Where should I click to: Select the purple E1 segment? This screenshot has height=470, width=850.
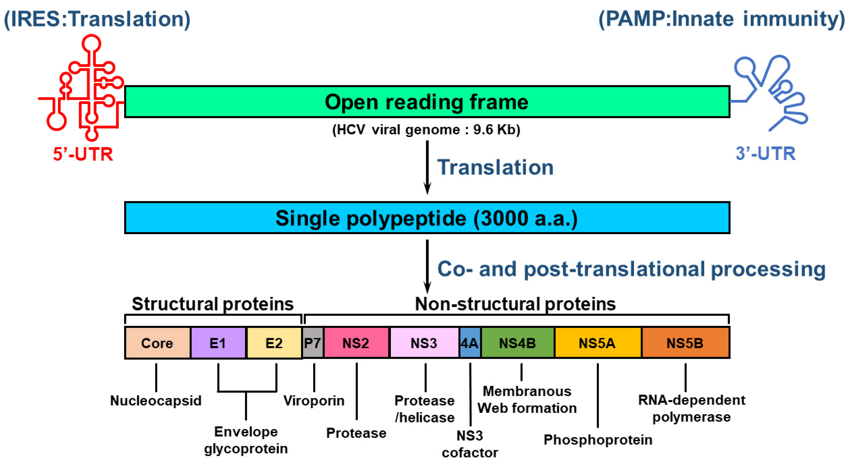click(218, 343)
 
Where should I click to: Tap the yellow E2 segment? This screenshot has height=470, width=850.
click(274, 343)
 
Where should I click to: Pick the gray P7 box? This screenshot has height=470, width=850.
click(312, 343)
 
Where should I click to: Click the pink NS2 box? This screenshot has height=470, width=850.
click(356, 343)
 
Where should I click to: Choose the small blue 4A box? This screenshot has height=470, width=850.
click(470, 343)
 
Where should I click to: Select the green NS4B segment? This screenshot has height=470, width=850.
click(517, 343)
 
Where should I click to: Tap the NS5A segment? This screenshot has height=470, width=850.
click(597, 343)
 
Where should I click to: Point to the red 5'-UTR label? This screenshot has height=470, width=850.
click(83, 154)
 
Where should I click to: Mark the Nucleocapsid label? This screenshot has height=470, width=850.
click(156, 401)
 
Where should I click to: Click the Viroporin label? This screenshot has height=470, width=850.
click(314, 401)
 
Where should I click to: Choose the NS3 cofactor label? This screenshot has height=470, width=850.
click(470, 444)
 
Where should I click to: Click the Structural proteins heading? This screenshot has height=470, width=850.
click(213, 304)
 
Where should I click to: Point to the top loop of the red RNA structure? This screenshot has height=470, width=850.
click(91, 44)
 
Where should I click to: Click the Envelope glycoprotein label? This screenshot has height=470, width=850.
click(246, 440)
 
